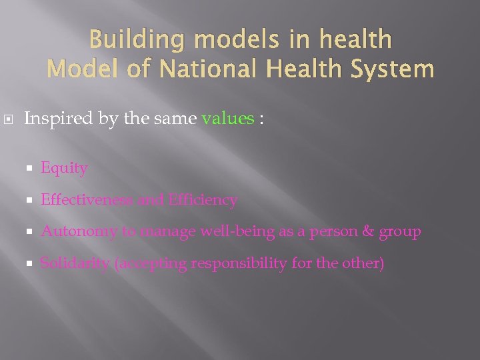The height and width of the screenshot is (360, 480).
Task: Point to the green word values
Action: pos(227,119)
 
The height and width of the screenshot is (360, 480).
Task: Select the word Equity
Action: pos(64,169)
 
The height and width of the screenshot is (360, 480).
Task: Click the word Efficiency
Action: pos(203,200)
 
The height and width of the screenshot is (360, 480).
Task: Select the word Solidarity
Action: pos(75,263)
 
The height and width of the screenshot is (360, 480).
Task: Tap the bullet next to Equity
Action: pos(30,169)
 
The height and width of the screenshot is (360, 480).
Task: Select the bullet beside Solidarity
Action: pos(30,263)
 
